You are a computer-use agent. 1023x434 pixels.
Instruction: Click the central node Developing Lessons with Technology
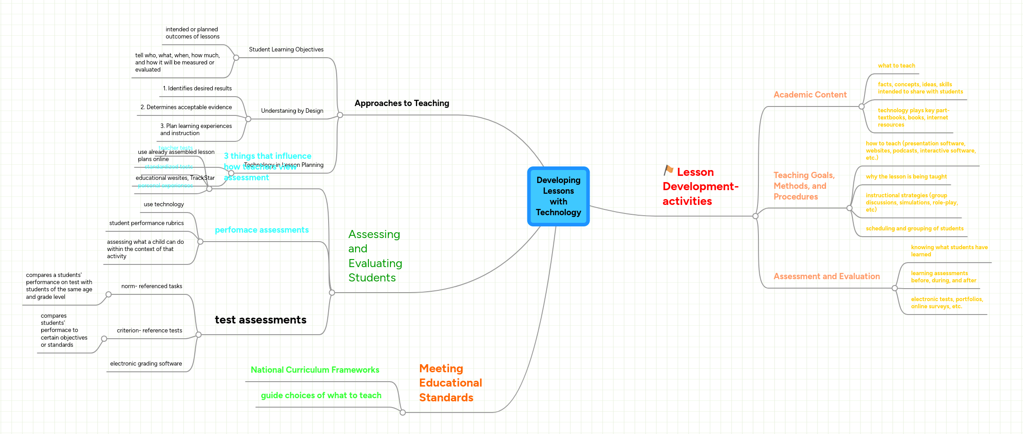(558, 196)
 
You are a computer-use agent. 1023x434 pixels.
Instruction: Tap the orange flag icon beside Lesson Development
(668, 170)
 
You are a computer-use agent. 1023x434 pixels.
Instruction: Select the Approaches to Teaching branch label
(402, 103)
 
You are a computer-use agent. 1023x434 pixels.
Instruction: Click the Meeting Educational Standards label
(450, 383)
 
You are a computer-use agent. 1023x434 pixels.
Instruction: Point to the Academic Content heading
(810, 95)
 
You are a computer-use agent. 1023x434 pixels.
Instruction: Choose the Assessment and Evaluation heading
(826, 277)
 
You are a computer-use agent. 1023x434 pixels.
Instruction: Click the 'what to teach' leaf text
(896, 66)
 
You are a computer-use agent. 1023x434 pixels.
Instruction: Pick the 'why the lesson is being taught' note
(906, 177)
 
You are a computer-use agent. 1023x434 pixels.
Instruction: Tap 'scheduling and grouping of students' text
(914, 229)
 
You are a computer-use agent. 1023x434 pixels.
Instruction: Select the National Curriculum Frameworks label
(315, 370)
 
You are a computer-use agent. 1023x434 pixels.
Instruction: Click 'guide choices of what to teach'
(321, 396)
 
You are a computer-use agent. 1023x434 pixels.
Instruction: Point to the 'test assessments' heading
(261, 320)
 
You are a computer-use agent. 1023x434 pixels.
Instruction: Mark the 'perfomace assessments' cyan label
(261, 230)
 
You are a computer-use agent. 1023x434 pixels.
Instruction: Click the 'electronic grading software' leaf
(146, 364)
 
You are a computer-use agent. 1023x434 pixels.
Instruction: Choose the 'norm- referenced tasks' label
(151, 286)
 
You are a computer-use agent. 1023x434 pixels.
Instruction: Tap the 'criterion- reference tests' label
(149, 331)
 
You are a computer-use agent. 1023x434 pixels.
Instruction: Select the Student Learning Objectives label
(286, 50)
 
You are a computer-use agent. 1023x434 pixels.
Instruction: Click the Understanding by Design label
(292, 111)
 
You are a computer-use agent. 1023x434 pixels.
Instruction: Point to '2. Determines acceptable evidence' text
(186, 107)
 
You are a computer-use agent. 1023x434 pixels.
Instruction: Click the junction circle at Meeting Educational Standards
(402, 413)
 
